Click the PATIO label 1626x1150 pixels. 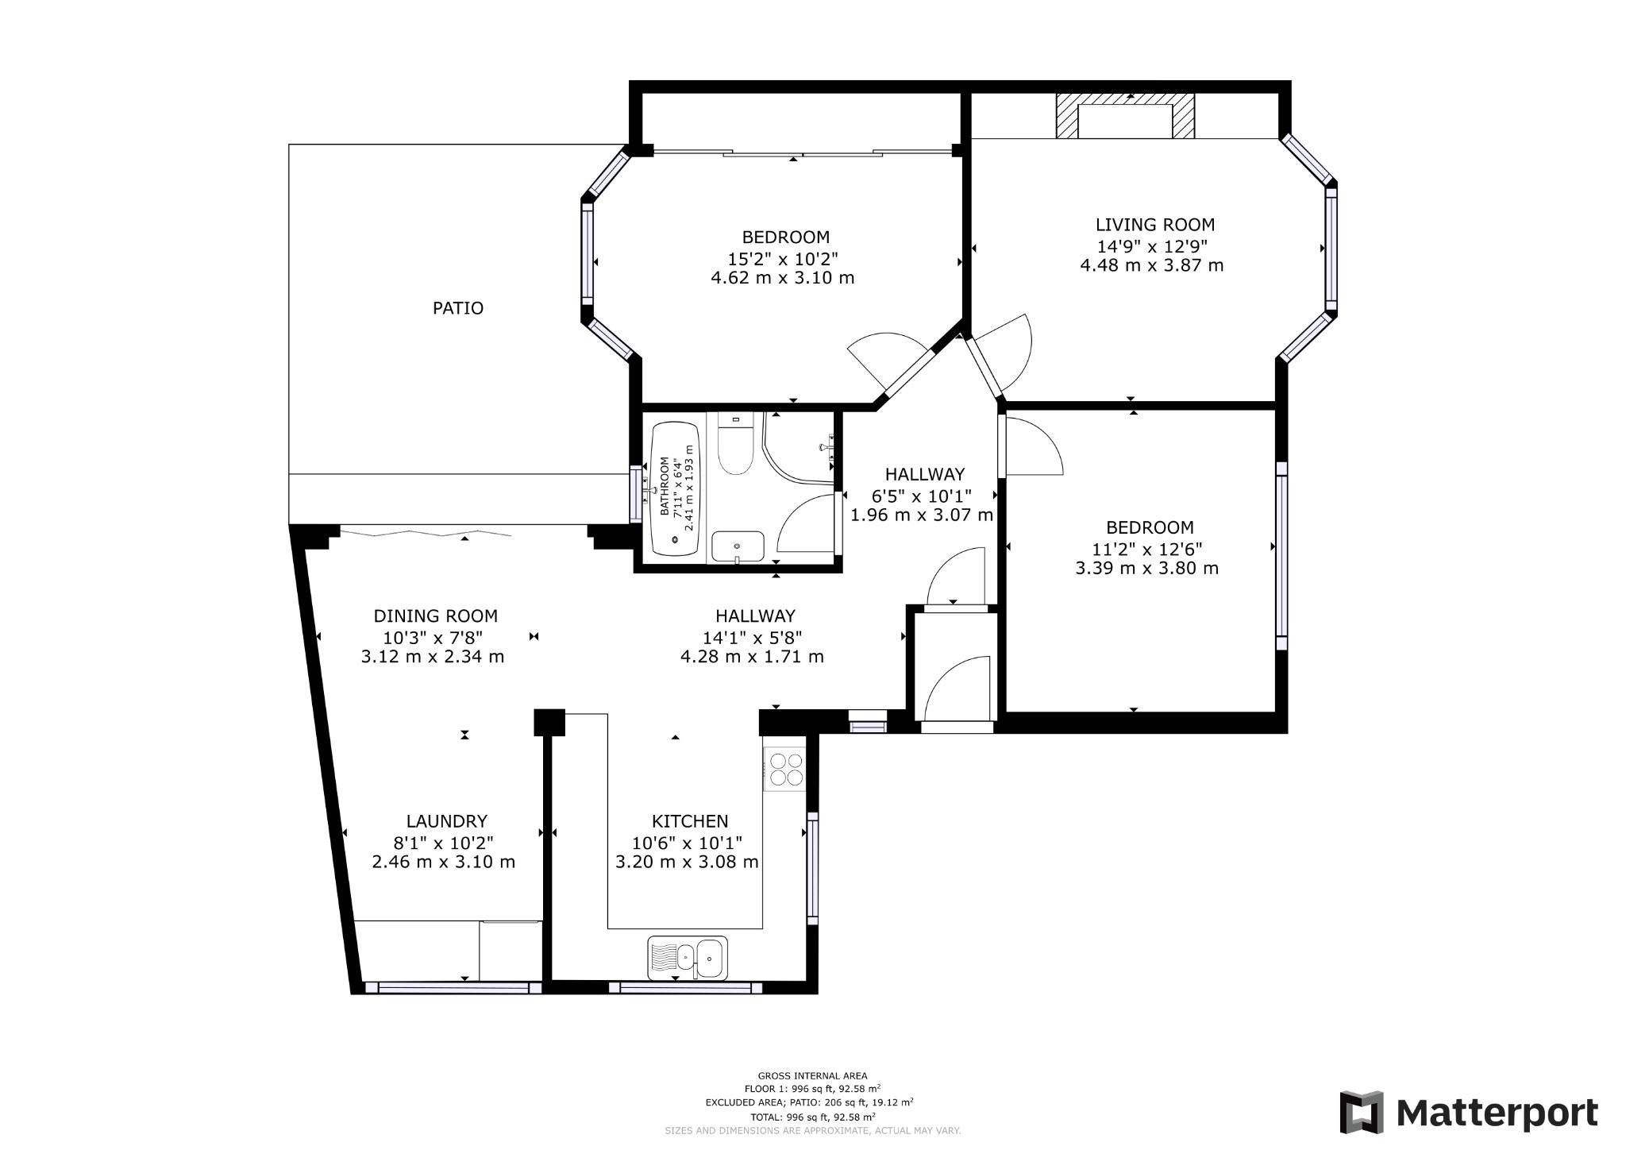point(457,308)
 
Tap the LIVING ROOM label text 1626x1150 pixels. point(1155,225)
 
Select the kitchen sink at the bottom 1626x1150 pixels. point(688,959)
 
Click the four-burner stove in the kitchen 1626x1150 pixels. point(785,769)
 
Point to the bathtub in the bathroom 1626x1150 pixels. point(676,489)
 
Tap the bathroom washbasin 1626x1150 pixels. point(738,546)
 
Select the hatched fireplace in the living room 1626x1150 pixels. point(1124,117)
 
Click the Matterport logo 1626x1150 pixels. point(1469,1113)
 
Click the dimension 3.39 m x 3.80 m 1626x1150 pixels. point(1146,569)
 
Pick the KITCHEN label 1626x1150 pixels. point(690,821)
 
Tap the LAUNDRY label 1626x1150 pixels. point(446,821)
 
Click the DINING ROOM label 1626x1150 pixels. point(436,616)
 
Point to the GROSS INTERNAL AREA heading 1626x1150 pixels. point(812,1076)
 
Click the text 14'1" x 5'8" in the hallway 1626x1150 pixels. point(752,637)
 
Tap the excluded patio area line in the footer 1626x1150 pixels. point(809,1102)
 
